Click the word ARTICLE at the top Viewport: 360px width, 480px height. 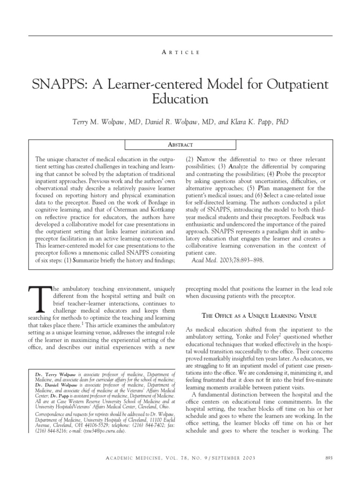(180, 52)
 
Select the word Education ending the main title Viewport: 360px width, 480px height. (180, 99)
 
